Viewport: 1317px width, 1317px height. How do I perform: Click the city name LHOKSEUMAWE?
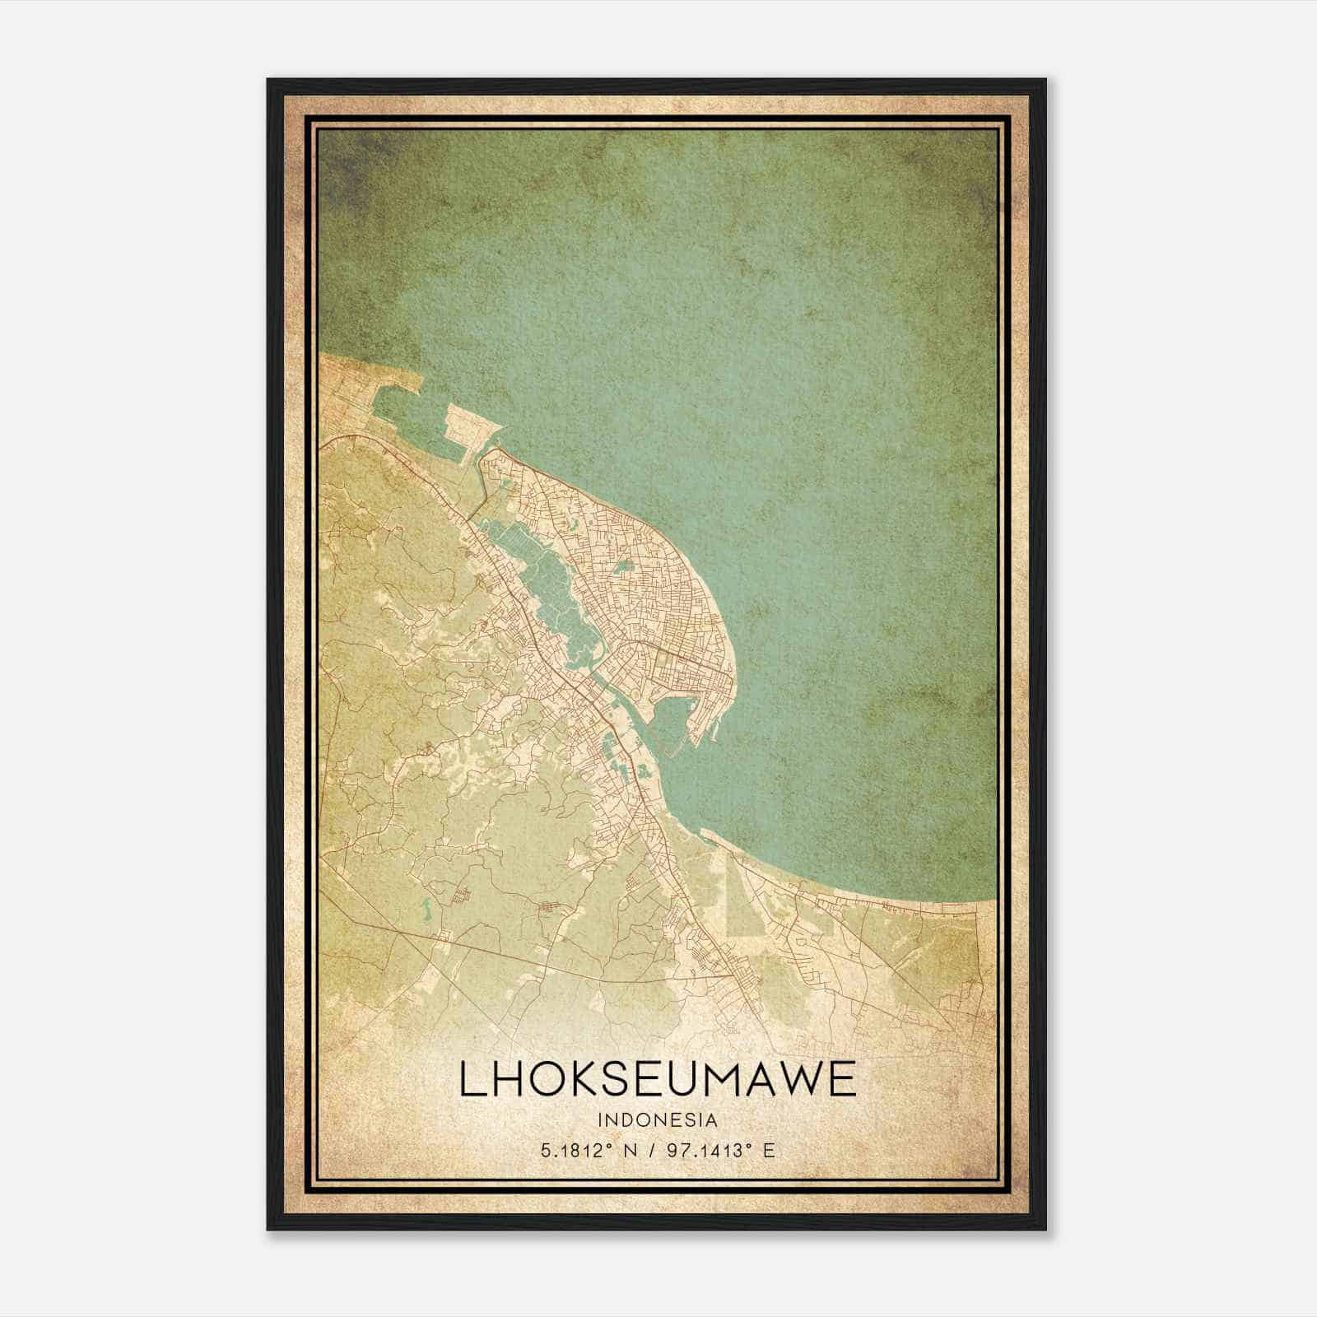pos(657,1079)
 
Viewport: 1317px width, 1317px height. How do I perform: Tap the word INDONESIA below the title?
pos(658,1120)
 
